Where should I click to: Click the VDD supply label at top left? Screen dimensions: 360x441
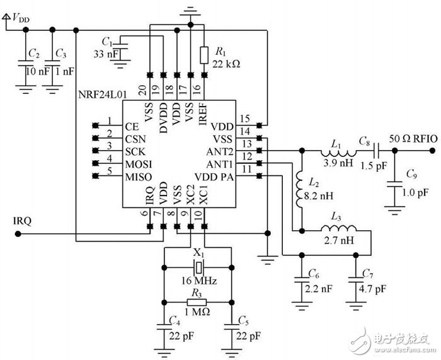18,19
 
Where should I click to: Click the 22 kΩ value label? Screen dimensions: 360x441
227,64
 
